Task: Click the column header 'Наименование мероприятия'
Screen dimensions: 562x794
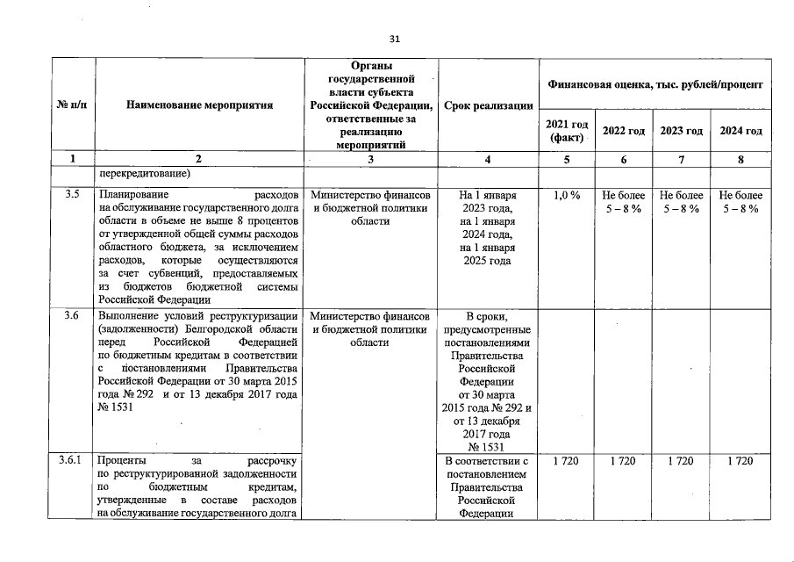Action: click(x=199, y=104)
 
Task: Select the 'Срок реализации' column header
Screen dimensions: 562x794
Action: click(x=489, y=104)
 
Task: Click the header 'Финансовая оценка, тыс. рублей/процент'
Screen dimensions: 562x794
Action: click(x=654, y=83)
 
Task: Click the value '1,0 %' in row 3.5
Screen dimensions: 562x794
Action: click(x=568, y=195)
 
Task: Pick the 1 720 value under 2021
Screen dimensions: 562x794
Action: click(x=566, y=461)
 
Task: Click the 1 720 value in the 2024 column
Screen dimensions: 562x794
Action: click(x=740, y=461)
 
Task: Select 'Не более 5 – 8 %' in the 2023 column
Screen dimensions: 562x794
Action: click(x=682, y=202)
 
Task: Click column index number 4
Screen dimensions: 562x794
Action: click(x=488, y=159)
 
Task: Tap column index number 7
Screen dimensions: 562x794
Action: click(x=682, y=159)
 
